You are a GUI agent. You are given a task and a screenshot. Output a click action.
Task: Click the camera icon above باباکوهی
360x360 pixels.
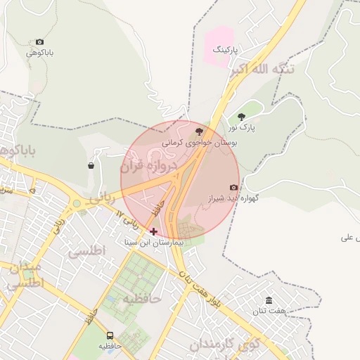click(x=39, y=42)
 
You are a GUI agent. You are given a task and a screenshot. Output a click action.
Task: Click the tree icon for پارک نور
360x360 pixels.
click(x=242, y=117)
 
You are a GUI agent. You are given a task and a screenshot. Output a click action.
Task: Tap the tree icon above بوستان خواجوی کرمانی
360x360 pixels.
click(x=199, y=131)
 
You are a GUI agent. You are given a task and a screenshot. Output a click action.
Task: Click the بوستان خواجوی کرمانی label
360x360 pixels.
click(x=200, y=142)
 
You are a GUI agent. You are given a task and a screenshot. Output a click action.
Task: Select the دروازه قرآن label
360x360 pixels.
click(x=146, y=166)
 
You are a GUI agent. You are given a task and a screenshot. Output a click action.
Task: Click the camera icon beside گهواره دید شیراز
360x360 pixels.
click(x=233, y=187)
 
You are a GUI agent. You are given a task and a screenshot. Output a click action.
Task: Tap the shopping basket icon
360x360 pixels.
click(x=91, y=166)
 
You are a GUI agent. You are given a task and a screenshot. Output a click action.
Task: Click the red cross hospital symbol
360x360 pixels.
click(x=153, y=231)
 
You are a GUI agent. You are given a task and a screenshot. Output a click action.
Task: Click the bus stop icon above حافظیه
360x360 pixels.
click(x=110, y=335)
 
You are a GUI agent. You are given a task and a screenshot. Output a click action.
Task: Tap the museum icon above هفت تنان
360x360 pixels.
click(x=269, y=300)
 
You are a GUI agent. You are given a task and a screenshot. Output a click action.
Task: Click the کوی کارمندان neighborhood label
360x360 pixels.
click(x=225, y=345)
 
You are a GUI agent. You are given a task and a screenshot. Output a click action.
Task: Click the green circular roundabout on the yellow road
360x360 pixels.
click(x=76, y=204)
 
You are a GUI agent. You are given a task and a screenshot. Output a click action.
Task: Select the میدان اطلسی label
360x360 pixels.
click(x=25, y=277)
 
